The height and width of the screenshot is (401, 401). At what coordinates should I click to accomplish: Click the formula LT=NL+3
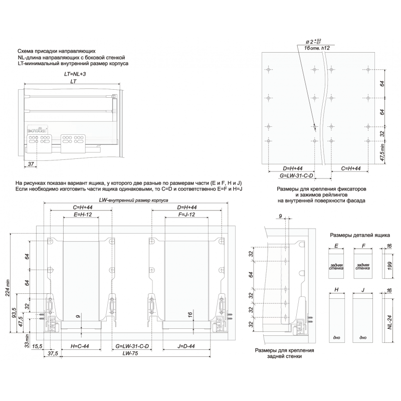click(75, 74)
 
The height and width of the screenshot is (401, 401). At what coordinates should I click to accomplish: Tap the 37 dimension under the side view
click(31, 164)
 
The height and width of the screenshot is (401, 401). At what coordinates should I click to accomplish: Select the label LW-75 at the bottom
click(130, 353)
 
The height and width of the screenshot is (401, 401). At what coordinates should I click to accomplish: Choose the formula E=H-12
click(83, 215)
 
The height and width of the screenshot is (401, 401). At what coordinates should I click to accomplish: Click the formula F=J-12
click(186, 215)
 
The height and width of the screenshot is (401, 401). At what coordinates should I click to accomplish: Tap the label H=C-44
click(80, 346)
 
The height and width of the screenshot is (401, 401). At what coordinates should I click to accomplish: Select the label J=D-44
click(186, 346)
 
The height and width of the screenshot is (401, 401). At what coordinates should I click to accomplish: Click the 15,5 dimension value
click(37, 346)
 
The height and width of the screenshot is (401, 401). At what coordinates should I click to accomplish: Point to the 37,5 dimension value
click(53, 353)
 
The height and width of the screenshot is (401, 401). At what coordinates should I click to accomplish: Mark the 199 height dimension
click(389, 266)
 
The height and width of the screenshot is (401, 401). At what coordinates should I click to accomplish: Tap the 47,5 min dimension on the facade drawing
click(382, 152)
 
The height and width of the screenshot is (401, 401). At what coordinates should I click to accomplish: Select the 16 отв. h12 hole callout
click(317, 48)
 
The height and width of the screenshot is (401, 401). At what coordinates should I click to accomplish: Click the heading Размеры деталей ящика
click(360, 235)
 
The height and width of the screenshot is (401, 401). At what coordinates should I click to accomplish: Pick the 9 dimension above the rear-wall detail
click(280, 217)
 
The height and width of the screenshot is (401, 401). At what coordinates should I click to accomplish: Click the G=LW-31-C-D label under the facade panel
click(296, 176)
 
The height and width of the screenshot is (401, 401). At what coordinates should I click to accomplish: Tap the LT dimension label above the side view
click(73, 81)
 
